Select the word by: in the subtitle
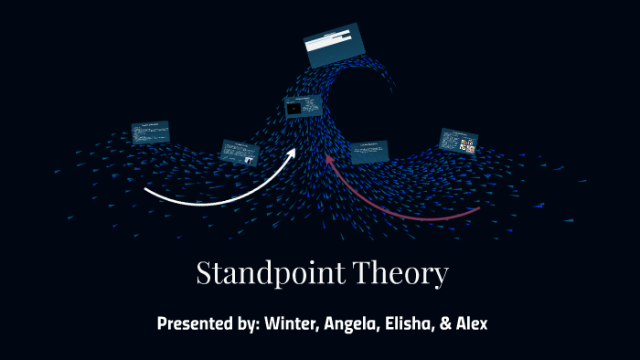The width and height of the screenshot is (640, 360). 245,323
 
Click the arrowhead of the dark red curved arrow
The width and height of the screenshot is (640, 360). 331,161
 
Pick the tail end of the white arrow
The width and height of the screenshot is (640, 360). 146,191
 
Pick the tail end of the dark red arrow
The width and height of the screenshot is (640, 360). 478,209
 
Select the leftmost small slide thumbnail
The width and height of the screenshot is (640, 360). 150,132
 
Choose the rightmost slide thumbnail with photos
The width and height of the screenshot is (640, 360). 458,141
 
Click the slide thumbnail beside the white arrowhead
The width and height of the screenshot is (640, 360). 240,152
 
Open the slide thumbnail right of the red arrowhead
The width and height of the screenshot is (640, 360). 368,152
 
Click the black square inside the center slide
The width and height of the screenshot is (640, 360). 294,109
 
